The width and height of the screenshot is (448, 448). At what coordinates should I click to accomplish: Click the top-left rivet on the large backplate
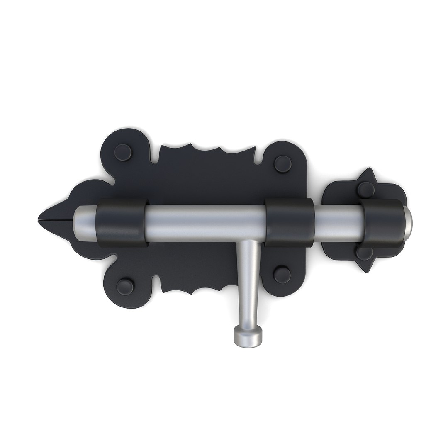(123, 152)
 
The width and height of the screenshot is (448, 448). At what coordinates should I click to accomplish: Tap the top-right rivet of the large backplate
(283, 163)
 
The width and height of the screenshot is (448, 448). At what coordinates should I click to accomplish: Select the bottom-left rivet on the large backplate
(125, 287)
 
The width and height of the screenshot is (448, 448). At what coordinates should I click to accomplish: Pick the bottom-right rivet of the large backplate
(282, 275)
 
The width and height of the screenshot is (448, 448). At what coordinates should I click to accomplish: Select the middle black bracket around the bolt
(290, 222)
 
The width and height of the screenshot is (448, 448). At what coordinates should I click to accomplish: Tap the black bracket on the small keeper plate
(382, 224)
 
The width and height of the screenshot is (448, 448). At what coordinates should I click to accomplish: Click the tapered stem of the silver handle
(249, 282)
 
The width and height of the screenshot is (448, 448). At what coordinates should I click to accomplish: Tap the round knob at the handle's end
(248, 336)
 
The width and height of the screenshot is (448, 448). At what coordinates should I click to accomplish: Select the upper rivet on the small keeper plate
(366, 190)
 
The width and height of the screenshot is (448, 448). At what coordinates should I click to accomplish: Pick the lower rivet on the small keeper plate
(365, 253)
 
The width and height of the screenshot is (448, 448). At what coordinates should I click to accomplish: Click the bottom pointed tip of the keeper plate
(367, 270)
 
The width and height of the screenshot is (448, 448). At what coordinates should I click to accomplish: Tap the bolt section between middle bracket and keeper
(338, 223)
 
